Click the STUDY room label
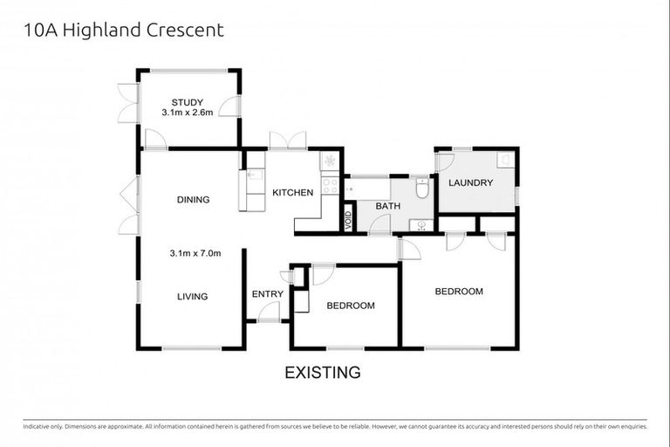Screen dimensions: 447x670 187,101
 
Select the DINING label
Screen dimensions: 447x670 193,200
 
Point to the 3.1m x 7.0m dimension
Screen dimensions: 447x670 195,254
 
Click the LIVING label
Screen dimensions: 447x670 192,297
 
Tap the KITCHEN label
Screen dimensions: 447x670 292,193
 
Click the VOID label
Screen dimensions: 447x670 348,220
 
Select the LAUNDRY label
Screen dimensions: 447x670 471,183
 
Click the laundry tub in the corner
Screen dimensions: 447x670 504,160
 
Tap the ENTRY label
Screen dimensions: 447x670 266,294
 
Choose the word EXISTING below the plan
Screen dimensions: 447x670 323,373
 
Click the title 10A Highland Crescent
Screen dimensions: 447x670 117,31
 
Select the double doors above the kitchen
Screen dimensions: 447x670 288,141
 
